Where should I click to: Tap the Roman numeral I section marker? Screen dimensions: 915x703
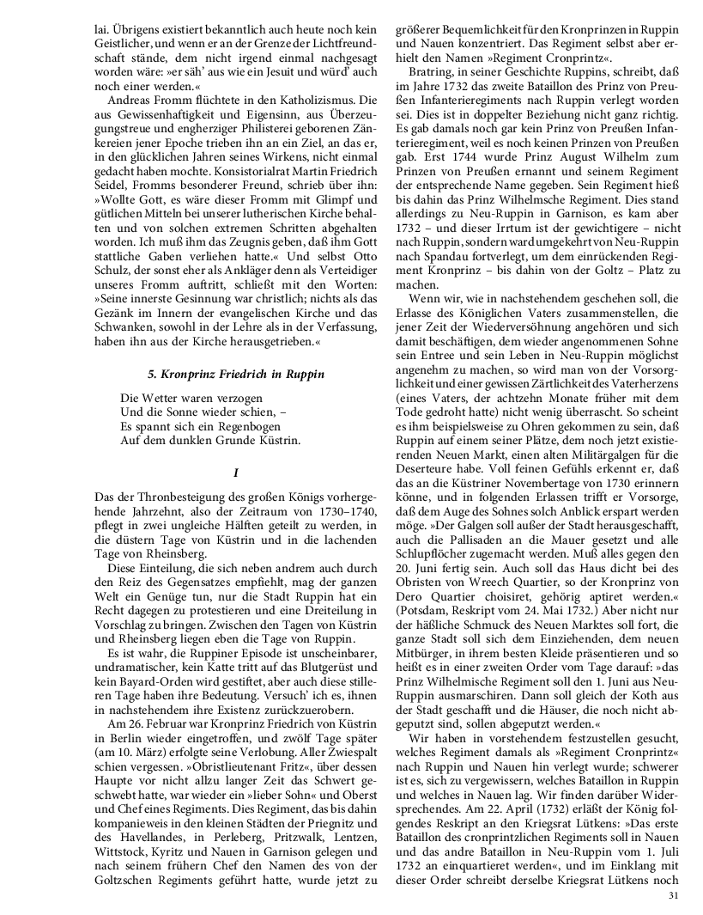coord(234,472)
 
